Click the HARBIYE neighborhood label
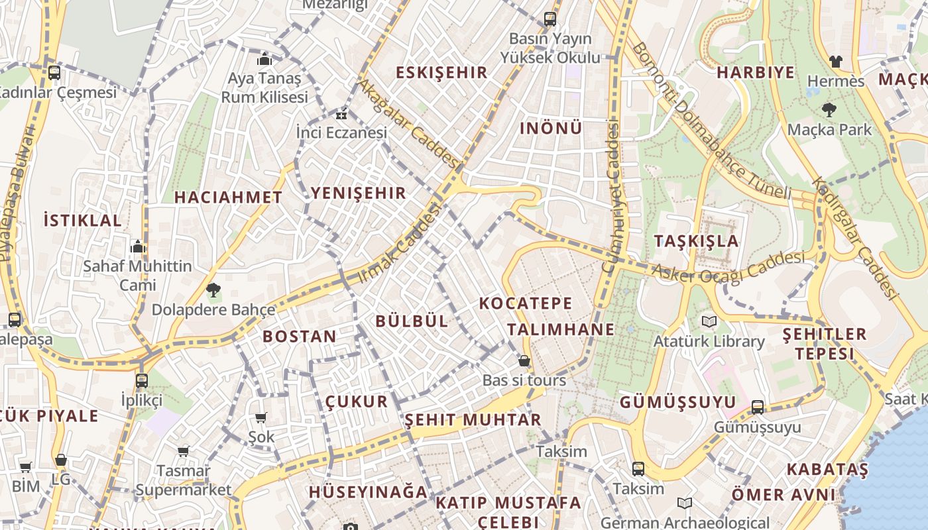pyautogui.click(x=756, y=72)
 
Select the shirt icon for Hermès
pyautogui.click(x=835, y=62)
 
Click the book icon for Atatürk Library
pyautogui.click(x=709, y=323)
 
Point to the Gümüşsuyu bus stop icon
pyautogui.click(x=758, y=407)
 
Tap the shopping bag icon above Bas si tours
pyautogui.click(x=524, y=361)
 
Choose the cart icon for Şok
pyautogui.click(x=261, y=418)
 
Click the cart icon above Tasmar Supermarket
pyautogui.click(x=184, y=452)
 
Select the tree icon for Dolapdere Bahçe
pyautogui.click(x=213, y=290)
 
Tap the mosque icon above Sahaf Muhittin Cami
pyautogui.click(x=137, y=247)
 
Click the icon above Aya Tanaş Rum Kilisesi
pyautogui.click(x=264, y=59)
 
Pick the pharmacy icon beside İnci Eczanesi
pyautogui.click(x=341, y=115)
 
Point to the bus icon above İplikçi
pyautogui.click(x=141, y=381)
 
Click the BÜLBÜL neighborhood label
pyautogui.click(x=412, y=321)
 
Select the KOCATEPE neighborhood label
pyautogui.click(x=525, y=303)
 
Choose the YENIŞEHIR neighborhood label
pyautogui.click(x=358, y=193)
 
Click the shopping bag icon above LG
pyautogui.click(x=61, y=460)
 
